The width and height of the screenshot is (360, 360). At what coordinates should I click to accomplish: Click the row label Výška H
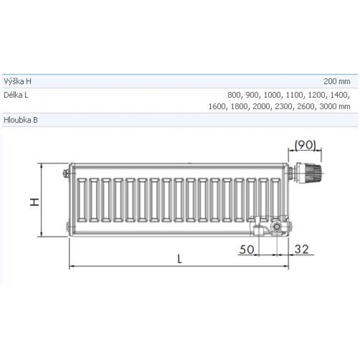[18, 81]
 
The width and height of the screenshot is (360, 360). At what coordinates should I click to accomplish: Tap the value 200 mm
[337, 81]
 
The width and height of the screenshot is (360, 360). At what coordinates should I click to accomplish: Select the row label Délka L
[16, 95]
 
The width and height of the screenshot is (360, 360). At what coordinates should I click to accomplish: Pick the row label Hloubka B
[21, 120]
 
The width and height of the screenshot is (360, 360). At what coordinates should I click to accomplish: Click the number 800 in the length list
[234, 95]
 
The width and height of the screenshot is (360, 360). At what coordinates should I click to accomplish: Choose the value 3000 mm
[335, 107]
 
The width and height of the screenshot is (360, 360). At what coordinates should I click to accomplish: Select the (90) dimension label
[305, 145]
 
